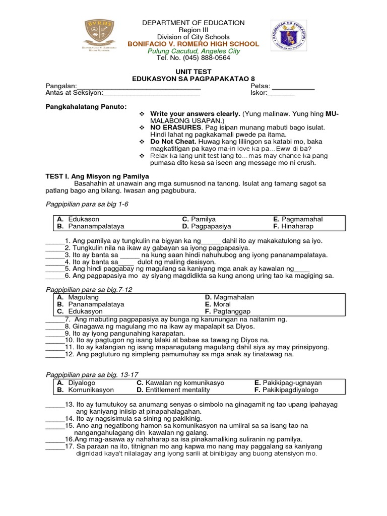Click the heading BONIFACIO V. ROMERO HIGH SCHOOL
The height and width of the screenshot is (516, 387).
(x=193, y=44)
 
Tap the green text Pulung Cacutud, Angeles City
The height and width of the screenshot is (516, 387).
(x=193, y=51)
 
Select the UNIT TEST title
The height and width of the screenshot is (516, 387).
(x=193, y=72)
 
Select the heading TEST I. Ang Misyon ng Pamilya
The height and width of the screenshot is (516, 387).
(x=98, y=176)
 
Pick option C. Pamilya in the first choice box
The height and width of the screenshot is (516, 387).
(x=199, y=219)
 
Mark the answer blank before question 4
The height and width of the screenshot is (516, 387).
(x=54, y=262)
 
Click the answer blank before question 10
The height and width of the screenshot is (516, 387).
(x=54, y=340)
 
